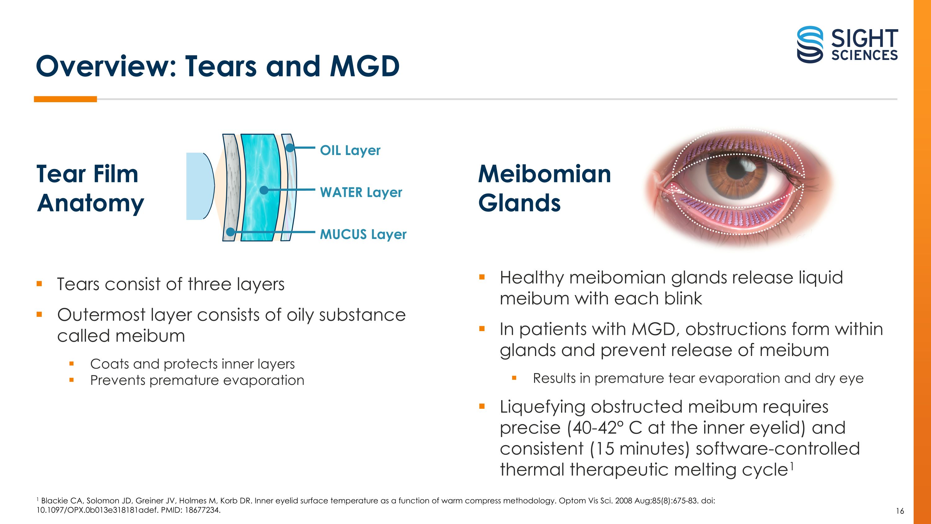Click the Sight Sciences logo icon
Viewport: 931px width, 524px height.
[x=810, y=44]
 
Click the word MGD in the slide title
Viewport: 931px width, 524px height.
[x=365, y=66]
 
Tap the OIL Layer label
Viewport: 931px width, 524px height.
[x=350, y=150]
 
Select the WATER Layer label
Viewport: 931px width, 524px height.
[x=361, y=192]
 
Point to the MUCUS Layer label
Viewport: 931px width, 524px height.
[x=363, y=234]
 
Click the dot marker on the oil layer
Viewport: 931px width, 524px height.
[x=290, y=148]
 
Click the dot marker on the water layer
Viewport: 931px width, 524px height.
[x=264, y=190]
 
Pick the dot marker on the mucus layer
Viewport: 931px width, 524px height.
[x=230, y=232]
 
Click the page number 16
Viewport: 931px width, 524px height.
[x=900, y=511]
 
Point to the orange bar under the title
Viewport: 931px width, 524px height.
[x=65, y=99]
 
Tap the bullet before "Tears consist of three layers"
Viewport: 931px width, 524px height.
[x=39, y=284]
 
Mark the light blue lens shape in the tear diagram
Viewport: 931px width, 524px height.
[x=198, y=186]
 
